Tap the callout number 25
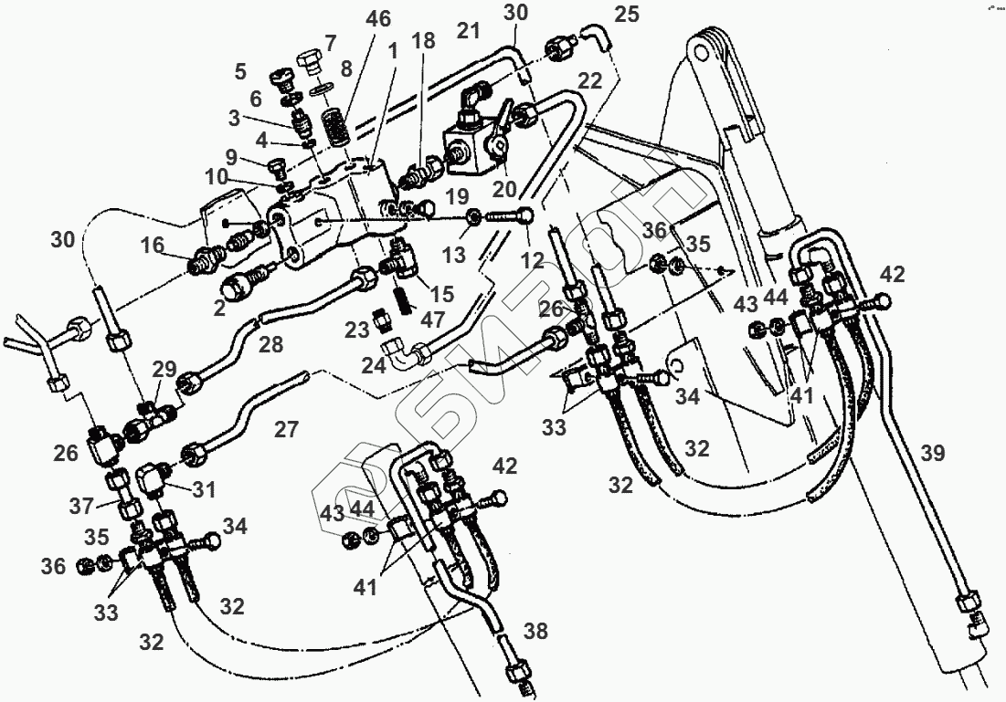click(626, 15)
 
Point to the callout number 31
click(203, 490)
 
